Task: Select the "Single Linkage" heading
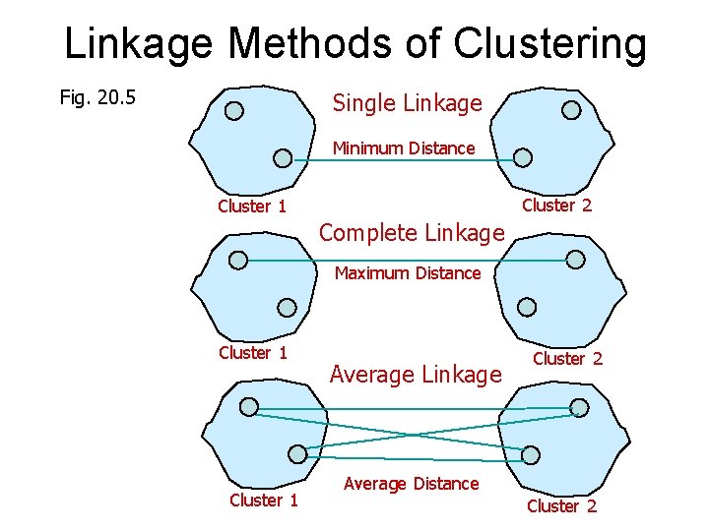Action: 407,102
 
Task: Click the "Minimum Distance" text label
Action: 403,148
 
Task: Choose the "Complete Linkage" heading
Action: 412,233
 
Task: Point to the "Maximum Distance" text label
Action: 408,273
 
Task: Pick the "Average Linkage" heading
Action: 416,375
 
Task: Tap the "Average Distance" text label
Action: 411,484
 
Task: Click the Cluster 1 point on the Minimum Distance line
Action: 283,157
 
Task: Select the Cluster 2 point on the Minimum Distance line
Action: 524,157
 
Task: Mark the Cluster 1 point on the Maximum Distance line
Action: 238,260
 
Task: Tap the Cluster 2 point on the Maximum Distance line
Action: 576,260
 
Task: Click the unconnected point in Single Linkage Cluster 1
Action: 234,110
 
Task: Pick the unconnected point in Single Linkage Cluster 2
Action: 571,110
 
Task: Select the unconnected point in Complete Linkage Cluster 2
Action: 528,306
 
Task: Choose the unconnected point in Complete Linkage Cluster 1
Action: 287,306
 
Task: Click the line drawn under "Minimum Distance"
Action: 403,160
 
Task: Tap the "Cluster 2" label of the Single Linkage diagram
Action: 556,206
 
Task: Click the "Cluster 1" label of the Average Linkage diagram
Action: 264,501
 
